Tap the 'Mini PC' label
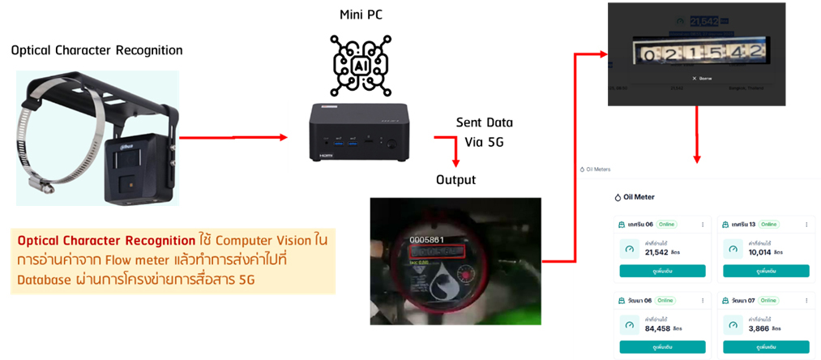pyautogui.click(x=361, y=15)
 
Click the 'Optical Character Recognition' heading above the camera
pyautogui.click(x=96, y=50)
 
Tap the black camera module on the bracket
pyautogui.click(x=136, y=169)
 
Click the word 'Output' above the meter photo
pyautogui.click(x=455, y=179)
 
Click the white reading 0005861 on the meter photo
pyautogui.click(x=427, y=240)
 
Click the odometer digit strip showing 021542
pyautogui.click(x=701, y=54)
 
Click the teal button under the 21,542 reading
pyautogui.click(x=662, y=271)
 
